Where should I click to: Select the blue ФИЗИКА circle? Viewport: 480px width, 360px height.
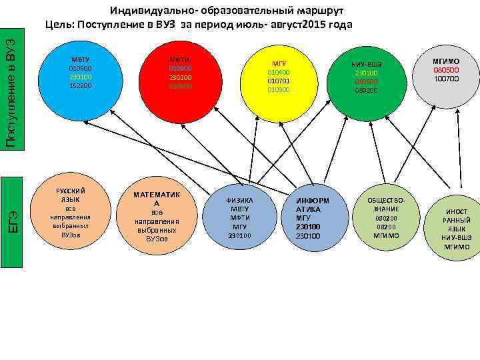(239, 217)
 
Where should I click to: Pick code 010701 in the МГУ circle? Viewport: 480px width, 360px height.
(279, 80)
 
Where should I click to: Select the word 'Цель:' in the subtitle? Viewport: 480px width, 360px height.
(61, 25)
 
